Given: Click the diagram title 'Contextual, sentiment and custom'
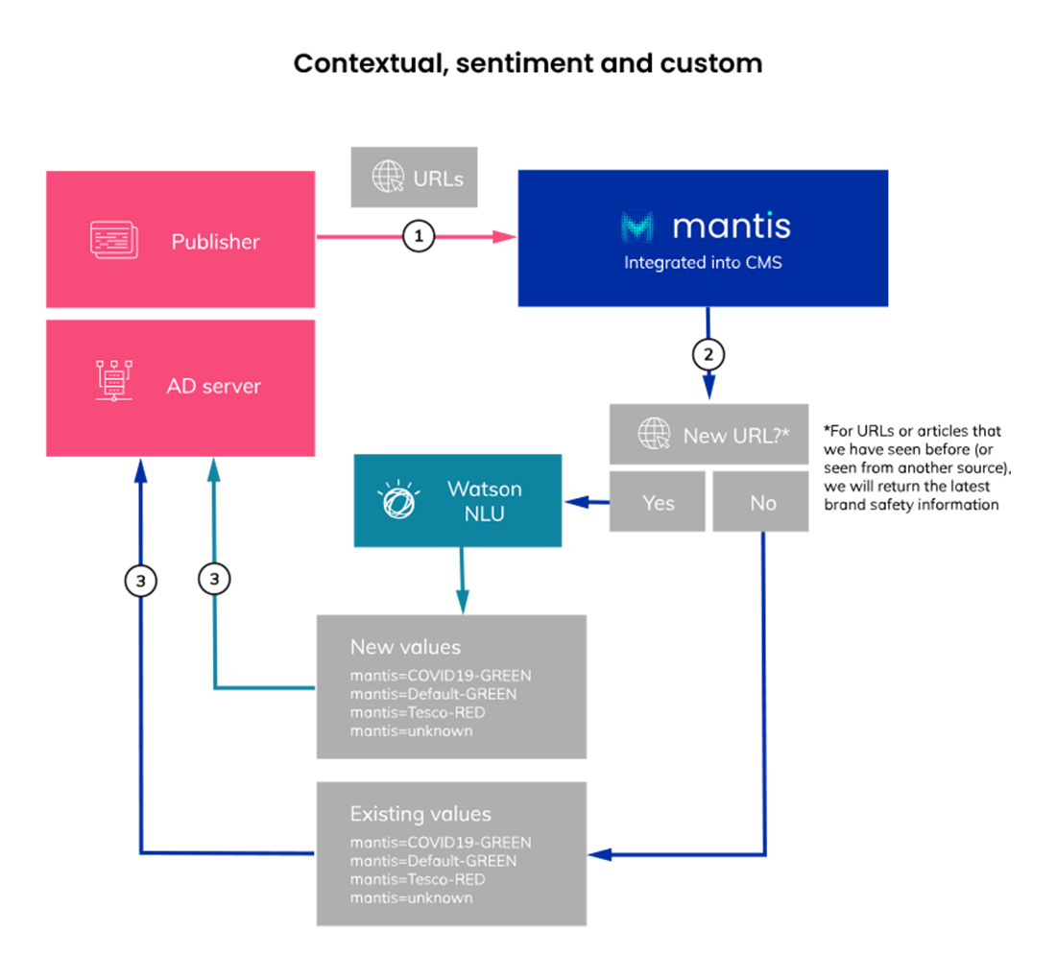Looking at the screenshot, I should point(527,64).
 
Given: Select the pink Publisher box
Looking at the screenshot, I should point(180,240).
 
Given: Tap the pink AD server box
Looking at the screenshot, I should point(180,387).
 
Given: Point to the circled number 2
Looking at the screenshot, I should point(708,355).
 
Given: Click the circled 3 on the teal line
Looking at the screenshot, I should point(214,580).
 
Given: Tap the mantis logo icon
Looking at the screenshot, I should point(638,227).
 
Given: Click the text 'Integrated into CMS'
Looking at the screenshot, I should point(703,262).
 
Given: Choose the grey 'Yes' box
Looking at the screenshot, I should point(658,502).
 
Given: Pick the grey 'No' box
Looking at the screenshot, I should point(762,502).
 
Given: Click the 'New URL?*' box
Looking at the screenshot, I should point(708,435).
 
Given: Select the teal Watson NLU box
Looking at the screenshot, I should point(457,501).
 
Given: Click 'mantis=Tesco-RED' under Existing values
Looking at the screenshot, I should point(417,879).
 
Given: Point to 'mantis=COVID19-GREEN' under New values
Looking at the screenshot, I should point(440,675).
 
